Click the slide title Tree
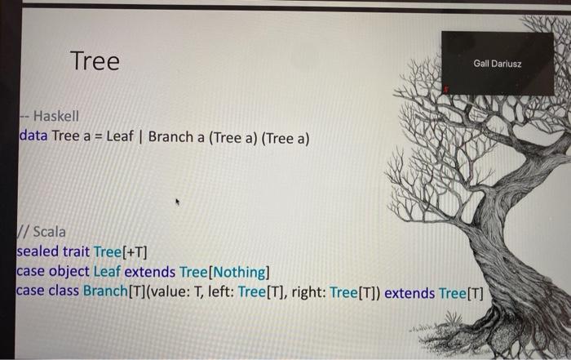(95, 61)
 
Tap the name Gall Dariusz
(498, 64)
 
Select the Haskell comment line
(49, 116)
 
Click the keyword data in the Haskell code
(33, 136)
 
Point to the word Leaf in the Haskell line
(120, 136)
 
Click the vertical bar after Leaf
(141, 137)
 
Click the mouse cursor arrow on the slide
(177, 202)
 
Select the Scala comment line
(42, 232)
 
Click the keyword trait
(76, 251)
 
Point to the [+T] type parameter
(135, 252)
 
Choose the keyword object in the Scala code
(69, 272)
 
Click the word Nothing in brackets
(241, 272)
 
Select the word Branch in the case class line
(105, 291)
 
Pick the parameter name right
(309, 292)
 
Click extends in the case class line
(409, 293)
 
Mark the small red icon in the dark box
(446, 89)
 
